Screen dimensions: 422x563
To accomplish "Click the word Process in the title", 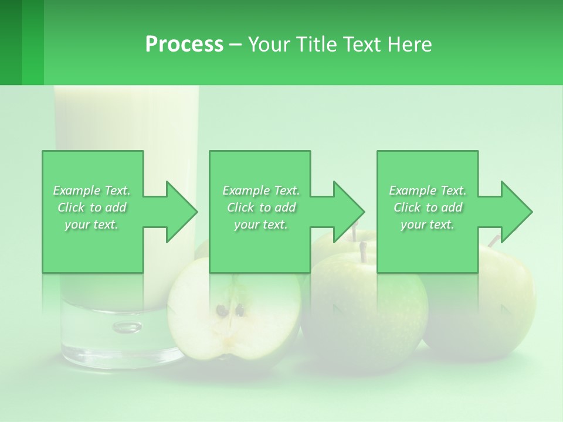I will tap(184, 45).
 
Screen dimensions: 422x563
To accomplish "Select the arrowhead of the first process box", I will tap(181, 212).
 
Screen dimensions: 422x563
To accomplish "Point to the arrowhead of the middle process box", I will tap(348, 212).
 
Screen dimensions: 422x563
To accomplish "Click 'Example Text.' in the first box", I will tap(91, 190).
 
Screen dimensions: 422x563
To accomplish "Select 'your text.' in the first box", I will tap(91, 224).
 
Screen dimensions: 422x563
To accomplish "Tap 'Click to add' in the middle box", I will tap(260, 207).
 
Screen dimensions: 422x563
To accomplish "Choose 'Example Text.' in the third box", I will tap(428, 190).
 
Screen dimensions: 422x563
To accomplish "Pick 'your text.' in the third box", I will tap(428, 224).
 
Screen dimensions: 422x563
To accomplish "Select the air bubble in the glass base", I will tap(127, 326).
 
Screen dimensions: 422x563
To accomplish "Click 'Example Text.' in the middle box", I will tap(260, 190).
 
